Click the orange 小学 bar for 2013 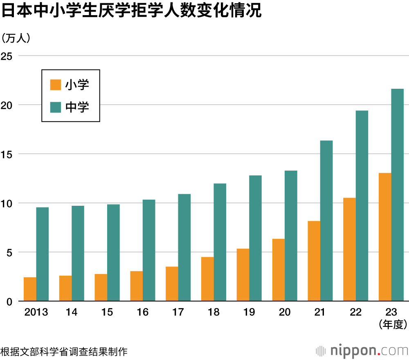(30, 289)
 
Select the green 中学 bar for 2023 (397, 195)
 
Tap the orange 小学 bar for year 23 (385, 237)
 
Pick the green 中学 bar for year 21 (326, 221)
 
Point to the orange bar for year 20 (279, 270)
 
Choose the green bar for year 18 (220, 242)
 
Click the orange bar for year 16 (137, 286)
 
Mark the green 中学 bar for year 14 (78, 254)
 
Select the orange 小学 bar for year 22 (349, 250)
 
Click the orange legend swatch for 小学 (55, 85)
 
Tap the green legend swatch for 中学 (55, 107)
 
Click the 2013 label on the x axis (36, 312)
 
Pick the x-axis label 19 (249, 312)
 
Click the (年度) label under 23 (391, 325)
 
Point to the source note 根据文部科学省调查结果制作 (64, 351)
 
